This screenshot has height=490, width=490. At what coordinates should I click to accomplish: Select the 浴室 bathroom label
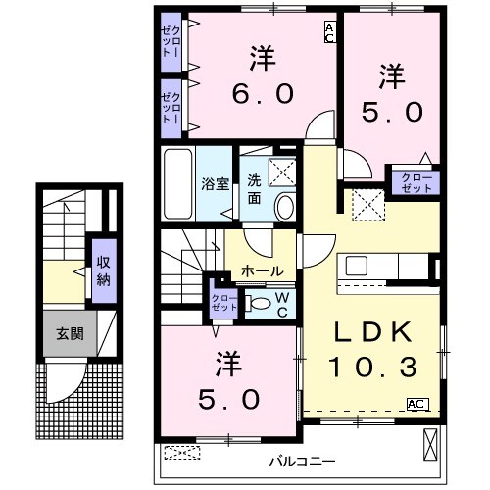coord(214,182)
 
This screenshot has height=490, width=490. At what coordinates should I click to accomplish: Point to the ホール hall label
coord(262,270)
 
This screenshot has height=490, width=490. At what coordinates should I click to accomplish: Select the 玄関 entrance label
coord(69,333)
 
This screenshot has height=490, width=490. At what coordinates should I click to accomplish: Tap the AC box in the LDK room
coord(416,403)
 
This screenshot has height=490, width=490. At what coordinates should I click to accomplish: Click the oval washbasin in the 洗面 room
coord(283,207)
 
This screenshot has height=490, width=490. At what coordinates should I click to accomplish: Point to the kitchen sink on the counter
coord(357,267)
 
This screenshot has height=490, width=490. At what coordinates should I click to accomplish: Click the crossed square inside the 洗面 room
coord(282,171)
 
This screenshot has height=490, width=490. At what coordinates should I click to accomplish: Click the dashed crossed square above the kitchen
coord(370,205)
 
